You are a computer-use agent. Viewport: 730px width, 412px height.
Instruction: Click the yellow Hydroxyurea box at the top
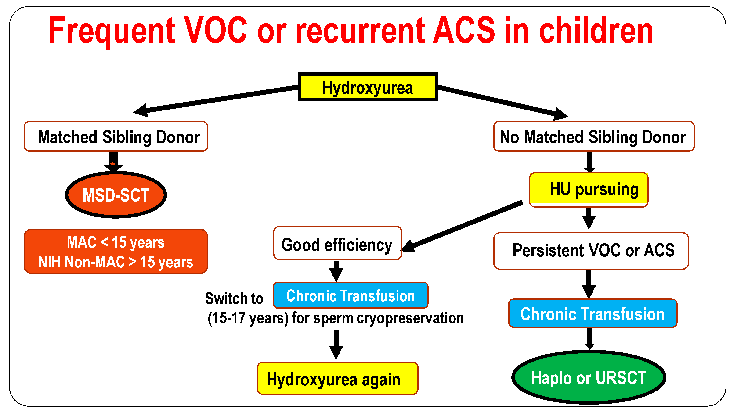click(368, 87)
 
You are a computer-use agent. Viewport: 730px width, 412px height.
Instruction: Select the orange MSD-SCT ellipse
click(116, 195)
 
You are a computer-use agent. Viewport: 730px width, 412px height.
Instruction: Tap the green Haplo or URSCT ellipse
click(589, 377)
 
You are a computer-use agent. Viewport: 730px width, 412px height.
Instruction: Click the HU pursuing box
click(589, 190)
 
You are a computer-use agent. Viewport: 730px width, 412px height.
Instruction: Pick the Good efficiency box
click(337, 243)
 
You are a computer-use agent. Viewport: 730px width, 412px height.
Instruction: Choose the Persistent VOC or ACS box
click(591, 251)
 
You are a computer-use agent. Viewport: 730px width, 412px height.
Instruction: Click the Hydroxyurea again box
click(337, 378)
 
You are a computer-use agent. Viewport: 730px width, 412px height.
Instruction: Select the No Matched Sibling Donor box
click(594, 136)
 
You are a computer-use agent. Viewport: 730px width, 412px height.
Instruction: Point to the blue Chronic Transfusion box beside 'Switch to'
click(351, 295)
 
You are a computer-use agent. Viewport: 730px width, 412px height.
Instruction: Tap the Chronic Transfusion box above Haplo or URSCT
click(593, 313)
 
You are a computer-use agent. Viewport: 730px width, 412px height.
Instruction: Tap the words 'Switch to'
click(234, 298)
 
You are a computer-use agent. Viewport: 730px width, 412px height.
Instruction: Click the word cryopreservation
click(410, 318)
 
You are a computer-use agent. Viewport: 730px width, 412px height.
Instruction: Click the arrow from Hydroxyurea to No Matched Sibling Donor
click(503, 103)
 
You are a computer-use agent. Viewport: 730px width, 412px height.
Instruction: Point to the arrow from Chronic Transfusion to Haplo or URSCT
click(590, 339)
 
